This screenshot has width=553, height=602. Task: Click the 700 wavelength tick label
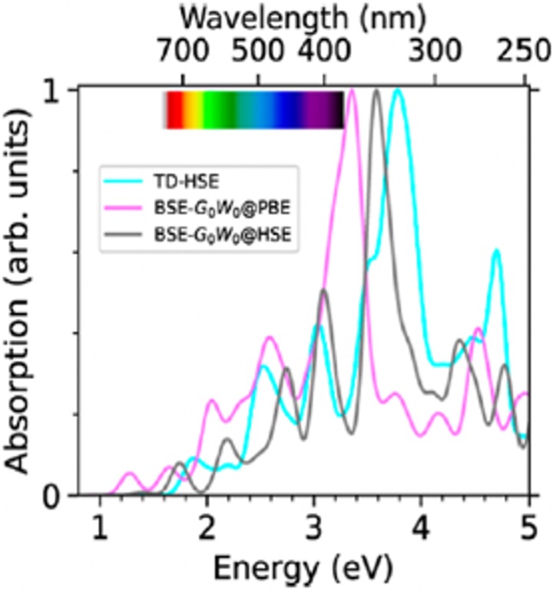pyautogui.click(x=182, y=54)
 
